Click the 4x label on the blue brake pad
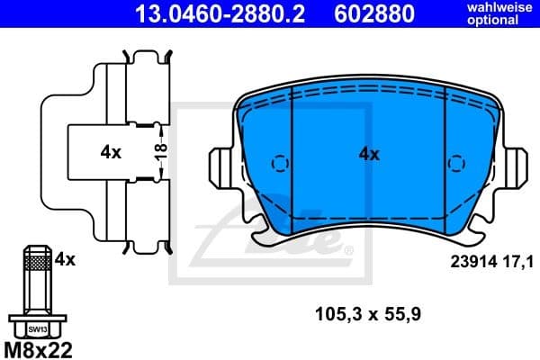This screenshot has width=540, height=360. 369,154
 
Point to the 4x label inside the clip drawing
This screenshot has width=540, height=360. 111,152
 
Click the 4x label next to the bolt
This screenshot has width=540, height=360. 64,259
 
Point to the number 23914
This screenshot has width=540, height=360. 470,262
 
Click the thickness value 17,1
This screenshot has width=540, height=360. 518,262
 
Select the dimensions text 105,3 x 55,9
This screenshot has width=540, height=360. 369,315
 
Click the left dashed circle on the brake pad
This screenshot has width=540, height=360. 280,164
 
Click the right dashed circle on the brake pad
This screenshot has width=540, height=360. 458,164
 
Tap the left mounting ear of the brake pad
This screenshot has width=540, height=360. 219,166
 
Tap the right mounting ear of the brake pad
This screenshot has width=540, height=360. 517,166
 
